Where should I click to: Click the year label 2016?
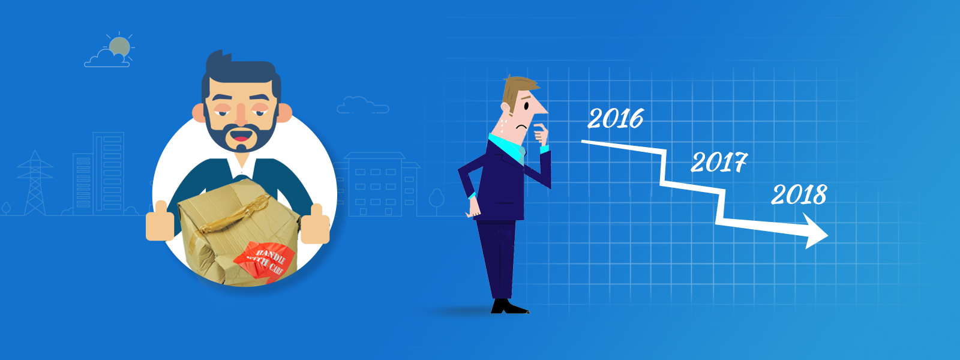(616, 118)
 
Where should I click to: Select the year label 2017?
(719, 162)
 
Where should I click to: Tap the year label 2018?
(799, 194)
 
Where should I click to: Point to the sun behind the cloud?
(119, 46)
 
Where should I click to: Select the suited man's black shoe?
(509, 306)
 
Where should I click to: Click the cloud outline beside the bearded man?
(362, 105)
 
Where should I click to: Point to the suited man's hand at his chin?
(541, 134)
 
